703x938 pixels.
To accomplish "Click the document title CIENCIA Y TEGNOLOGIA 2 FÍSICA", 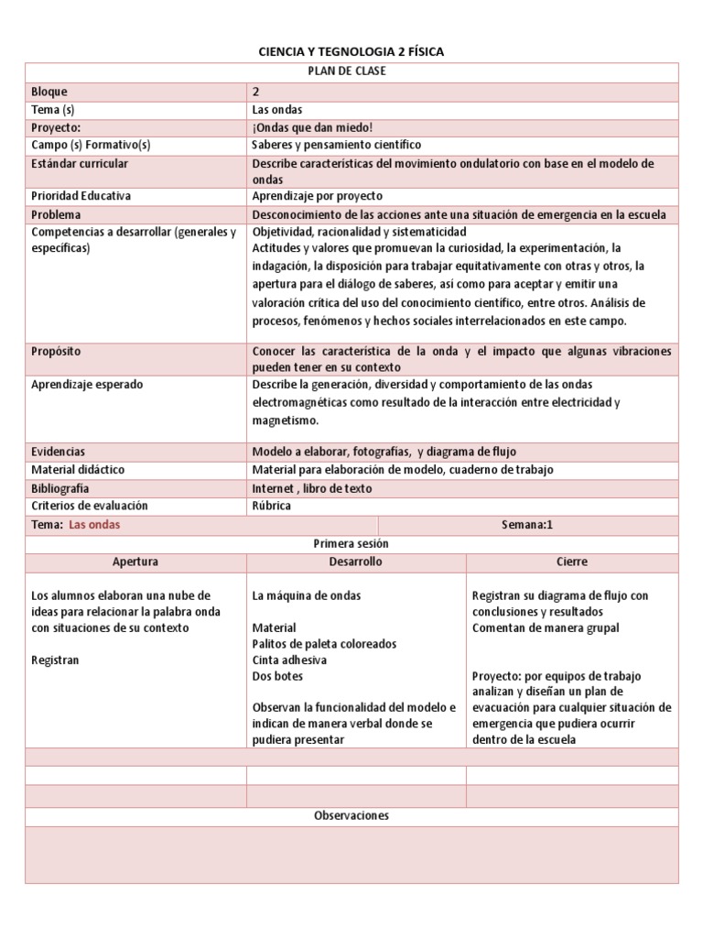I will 351,52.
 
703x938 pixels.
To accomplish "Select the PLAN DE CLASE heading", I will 351,71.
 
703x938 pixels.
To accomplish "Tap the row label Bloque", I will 49,92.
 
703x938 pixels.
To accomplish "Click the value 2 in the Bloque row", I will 256,92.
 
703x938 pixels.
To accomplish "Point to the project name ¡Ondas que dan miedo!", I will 312,127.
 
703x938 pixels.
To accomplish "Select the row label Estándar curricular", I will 80,163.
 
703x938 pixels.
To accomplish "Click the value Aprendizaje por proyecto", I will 317,196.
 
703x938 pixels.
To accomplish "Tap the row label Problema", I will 57,214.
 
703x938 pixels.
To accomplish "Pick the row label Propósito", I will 58,352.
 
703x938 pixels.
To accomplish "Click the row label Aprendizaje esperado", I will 87,385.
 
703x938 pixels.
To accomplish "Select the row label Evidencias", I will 59,452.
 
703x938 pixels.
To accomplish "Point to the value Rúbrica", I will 271,506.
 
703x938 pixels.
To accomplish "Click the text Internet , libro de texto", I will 312,488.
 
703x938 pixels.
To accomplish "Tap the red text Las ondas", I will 94,525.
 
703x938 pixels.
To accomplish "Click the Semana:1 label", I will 527,525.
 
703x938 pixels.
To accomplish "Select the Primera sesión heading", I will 351,543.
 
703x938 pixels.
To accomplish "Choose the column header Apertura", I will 135,562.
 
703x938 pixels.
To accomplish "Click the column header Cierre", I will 571,562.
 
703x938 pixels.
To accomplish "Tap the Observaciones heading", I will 351,815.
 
